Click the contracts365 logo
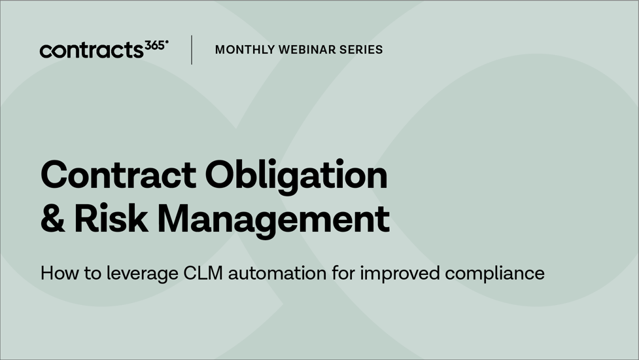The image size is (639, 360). (103, 50)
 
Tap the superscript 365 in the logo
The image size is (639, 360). (155, 45)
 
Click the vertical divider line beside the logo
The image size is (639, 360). (192, 50)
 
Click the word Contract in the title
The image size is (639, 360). (118, 175)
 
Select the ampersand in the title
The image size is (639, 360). (52, 219)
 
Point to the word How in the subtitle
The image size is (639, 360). (56, 273)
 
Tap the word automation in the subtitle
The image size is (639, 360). (278, 273)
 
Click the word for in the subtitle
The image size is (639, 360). (345, 273)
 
